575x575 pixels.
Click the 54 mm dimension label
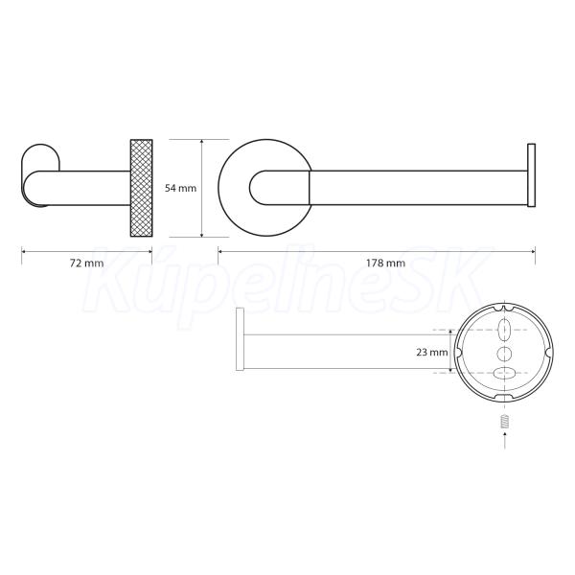pyautogui.click(x=180, y=188)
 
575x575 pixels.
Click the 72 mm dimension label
pyautogui.click(x=86, y=263)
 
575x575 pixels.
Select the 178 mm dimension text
pyautogui.click(x=385, y=263)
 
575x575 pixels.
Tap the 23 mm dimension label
pyautogui.click(x=432, y=353)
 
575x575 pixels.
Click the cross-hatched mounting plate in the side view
pyautogui.click(x=141, y=188)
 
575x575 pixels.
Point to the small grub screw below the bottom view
pyautogui.click(x=505, y=421)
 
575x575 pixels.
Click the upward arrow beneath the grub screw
pyautogui.click(x=505, y=440)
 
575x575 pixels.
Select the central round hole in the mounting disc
pyautogui.click(x=505, y=354)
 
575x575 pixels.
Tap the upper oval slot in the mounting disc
pyautogui.click(x=505, y=329)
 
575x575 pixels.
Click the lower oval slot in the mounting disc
pyautogui.click(x=505, y=374)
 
